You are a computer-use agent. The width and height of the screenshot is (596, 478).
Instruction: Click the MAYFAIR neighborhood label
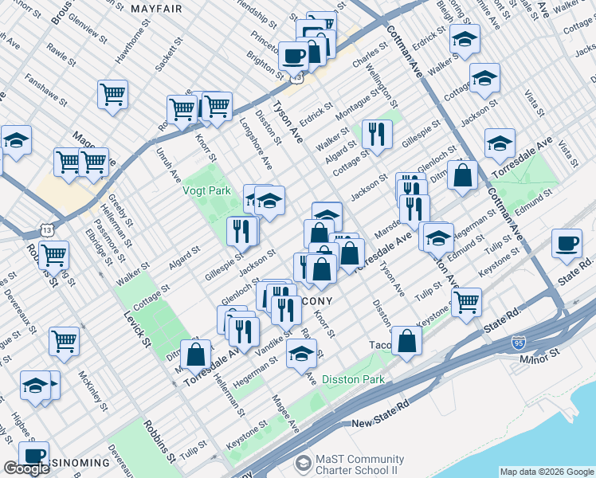point(156,9)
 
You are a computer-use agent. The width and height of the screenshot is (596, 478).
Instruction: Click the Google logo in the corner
point(26,468)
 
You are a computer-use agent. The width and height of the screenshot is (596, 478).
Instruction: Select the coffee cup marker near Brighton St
point(293,56)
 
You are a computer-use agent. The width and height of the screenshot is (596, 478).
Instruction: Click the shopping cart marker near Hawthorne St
point(112,94)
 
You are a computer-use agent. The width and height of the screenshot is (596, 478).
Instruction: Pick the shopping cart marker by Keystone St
point(466,301)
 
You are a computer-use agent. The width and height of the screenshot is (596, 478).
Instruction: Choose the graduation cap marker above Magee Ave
point(300,355)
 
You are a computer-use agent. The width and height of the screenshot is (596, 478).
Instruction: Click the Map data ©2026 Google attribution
point(547,472)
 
